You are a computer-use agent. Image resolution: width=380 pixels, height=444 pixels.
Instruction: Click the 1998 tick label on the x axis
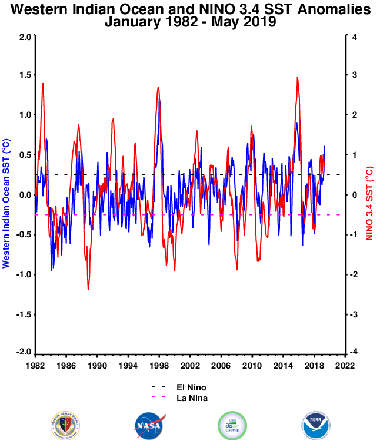[x=159, y=365]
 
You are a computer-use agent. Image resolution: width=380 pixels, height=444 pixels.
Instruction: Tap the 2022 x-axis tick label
[x=345, y=365]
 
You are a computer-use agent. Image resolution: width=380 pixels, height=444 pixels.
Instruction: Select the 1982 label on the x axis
[x=35, y=365]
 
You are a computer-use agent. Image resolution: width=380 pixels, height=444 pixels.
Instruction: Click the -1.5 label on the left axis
[x=23, y=314]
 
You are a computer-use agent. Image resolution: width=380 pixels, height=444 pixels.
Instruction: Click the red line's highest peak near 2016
[x=298, y=77]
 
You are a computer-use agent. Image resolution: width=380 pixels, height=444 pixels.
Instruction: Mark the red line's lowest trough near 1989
[x=88, y=289]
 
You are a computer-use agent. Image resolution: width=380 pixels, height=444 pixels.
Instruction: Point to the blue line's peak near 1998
[x=159, y=100]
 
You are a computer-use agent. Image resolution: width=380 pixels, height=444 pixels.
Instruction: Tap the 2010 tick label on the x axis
[x=252, y=365]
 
